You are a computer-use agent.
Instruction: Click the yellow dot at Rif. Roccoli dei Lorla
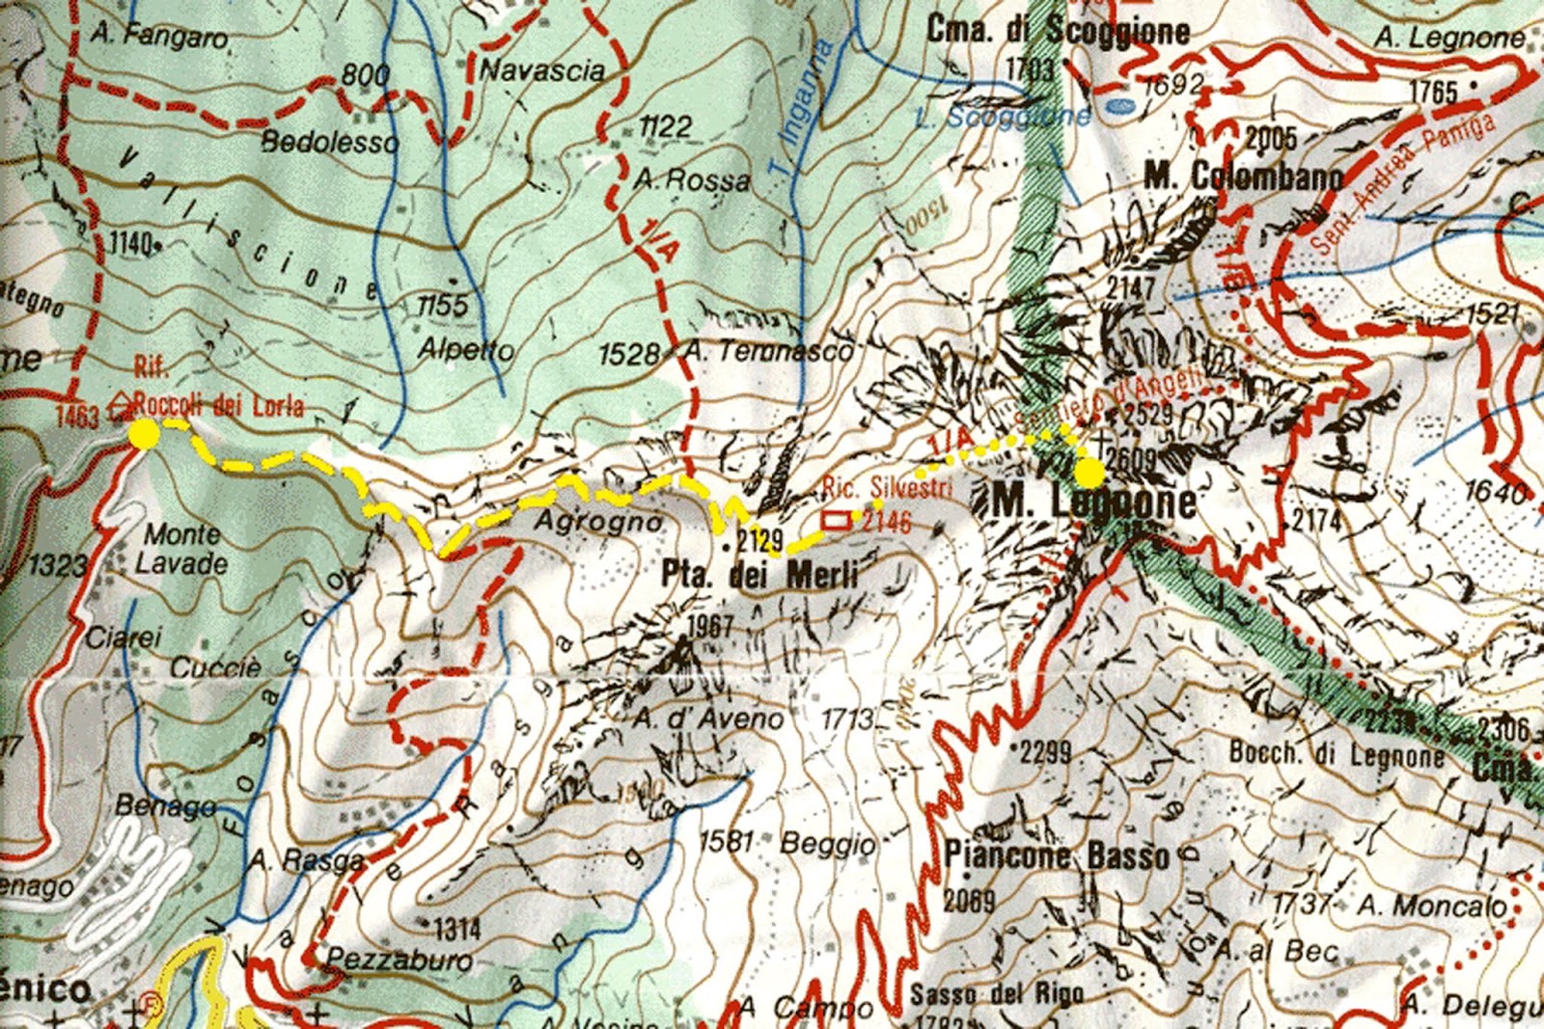144,435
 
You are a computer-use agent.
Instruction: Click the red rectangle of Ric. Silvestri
837,521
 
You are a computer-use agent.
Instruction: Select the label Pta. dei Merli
759,575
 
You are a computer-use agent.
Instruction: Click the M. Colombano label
1243,176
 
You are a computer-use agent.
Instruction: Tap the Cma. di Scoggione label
1058,31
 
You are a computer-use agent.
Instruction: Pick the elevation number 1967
709,625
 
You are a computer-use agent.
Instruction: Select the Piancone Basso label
1057,855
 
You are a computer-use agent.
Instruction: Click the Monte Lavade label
182,549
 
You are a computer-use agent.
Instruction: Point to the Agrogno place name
598,522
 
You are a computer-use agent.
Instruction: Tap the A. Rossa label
692,180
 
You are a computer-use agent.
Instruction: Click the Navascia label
542,70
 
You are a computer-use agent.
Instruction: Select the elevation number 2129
759,539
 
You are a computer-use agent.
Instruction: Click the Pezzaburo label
400,960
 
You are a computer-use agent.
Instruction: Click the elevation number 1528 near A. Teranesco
628,355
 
